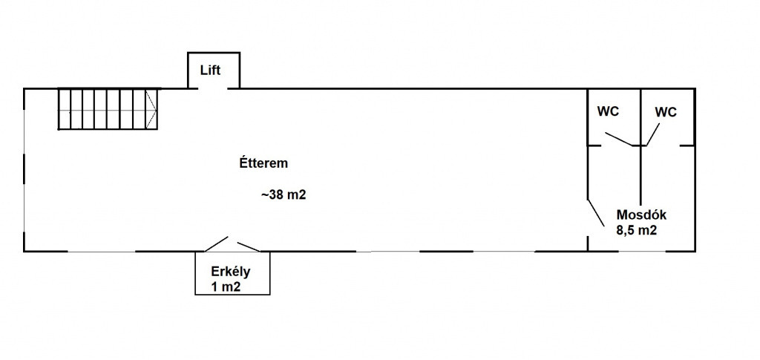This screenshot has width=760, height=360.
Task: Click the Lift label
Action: click(x=210, y=71)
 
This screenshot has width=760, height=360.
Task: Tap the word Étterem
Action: click(x=263, y=163)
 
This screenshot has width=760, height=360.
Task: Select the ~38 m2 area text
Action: click(x=284, y=195)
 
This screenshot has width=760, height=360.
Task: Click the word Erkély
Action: click(x=230, y=272)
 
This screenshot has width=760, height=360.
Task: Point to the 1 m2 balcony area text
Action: click(x=226, y=287)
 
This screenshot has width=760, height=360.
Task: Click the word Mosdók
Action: click(x=641, y=215)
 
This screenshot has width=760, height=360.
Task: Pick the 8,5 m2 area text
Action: click(x=636, y=230)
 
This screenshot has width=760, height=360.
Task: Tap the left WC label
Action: click(x=608, y=111)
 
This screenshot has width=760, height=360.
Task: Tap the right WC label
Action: click(x=666, y=112)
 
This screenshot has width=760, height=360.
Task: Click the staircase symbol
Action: click(x=108, y=108)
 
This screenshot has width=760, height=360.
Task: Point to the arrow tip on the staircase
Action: click(x=156, y=109)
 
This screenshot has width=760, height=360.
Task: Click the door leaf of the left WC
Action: click(x=618, y=139)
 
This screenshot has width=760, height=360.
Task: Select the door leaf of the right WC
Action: click(x=652, y=134)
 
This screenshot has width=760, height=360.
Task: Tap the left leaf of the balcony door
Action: click(x=216, y=244)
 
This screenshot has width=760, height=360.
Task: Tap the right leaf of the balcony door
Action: click(x=249, y=246)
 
